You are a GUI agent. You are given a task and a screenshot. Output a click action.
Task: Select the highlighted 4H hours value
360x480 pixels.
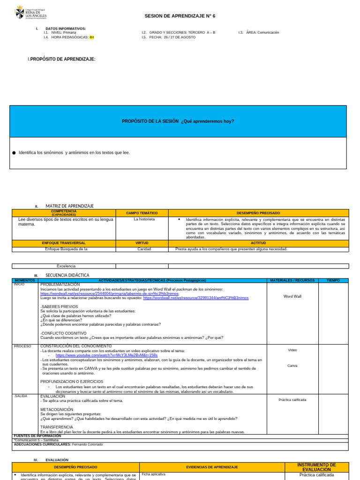click(91, 37)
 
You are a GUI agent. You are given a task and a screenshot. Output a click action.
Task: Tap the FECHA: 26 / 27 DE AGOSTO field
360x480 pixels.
click(169, 37)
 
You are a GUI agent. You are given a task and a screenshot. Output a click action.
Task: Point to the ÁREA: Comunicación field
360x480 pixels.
click(258, 32)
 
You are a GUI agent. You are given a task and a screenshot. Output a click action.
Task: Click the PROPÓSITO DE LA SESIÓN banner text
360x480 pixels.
click(178, 121)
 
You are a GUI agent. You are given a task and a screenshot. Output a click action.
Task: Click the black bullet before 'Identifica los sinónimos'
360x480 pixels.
click(14, 153)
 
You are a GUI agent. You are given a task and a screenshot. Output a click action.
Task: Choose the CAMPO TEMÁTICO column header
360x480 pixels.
click(142, 213)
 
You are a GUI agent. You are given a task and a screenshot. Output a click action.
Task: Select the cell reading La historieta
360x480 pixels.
click(144, 219)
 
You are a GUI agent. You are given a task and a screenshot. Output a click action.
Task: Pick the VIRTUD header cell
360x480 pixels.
click(142, 243)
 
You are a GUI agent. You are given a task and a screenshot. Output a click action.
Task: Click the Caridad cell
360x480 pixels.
click(144, 249)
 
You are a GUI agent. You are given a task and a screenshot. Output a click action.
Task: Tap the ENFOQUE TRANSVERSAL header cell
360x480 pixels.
click(64, 243)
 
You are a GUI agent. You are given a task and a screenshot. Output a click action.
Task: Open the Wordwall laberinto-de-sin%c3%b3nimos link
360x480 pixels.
click(109, 293)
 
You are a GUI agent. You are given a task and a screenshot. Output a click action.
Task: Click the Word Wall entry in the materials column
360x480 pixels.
click(292, 296)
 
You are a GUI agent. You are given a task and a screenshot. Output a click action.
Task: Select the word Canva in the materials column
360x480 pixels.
click(292, 366)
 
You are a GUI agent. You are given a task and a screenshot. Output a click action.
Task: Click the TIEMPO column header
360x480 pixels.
click(333, 280)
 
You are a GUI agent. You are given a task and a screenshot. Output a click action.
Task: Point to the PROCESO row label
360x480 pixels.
click(22, 346)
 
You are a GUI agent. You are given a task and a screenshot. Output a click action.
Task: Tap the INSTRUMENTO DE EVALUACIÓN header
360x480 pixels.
click(316, 467)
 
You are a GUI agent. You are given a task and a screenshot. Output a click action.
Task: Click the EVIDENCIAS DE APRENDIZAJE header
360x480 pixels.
click(212, 467)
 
